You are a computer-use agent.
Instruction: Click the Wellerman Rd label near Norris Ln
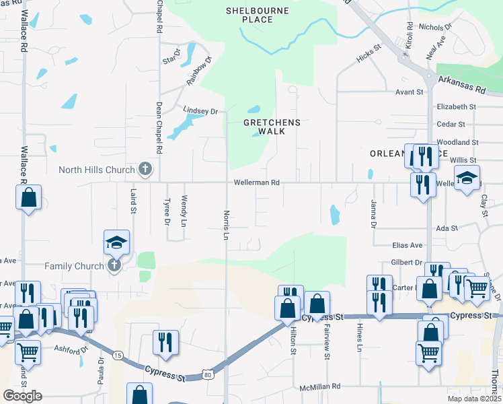point(256,183)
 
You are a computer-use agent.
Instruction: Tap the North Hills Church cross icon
point(144,169)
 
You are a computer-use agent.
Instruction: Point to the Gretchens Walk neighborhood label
point(272,127)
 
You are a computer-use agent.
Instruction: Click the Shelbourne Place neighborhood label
point(257,15)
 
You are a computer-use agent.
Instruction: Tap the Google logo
point(22,396)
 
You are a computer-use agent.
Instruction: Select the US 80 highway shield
point(207,374)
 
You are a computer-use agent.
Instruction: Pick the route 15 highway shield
point(118,354)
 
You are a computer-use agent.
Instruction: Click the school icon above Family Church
point(116,242)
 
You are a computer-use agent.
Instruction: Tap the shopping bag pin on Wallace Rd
point(28,198)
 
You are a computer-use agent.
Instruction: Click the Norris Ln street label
point(227,225)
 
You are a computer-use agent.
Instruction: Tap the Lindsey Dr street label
point(201,110)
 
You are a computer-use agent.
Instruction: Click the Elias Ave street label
point(407,246)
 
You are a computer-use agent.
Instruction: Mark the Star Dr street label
point(172,57)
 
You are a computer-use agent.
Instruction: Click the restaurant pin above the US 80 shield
point(165,342)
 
